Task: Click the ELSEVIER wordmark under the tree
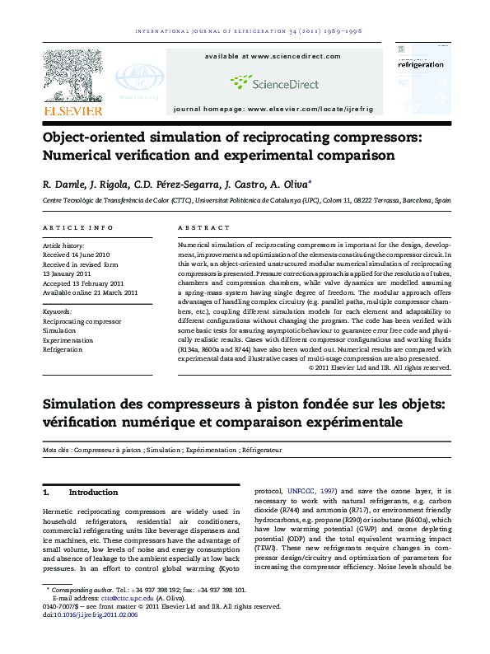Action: [73, 110]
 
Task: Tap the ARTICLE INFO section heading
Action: [78, 227]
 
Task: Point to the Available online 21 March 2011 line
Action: [90, 292]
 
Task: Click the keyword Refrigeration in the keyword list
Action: [63, 349]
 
